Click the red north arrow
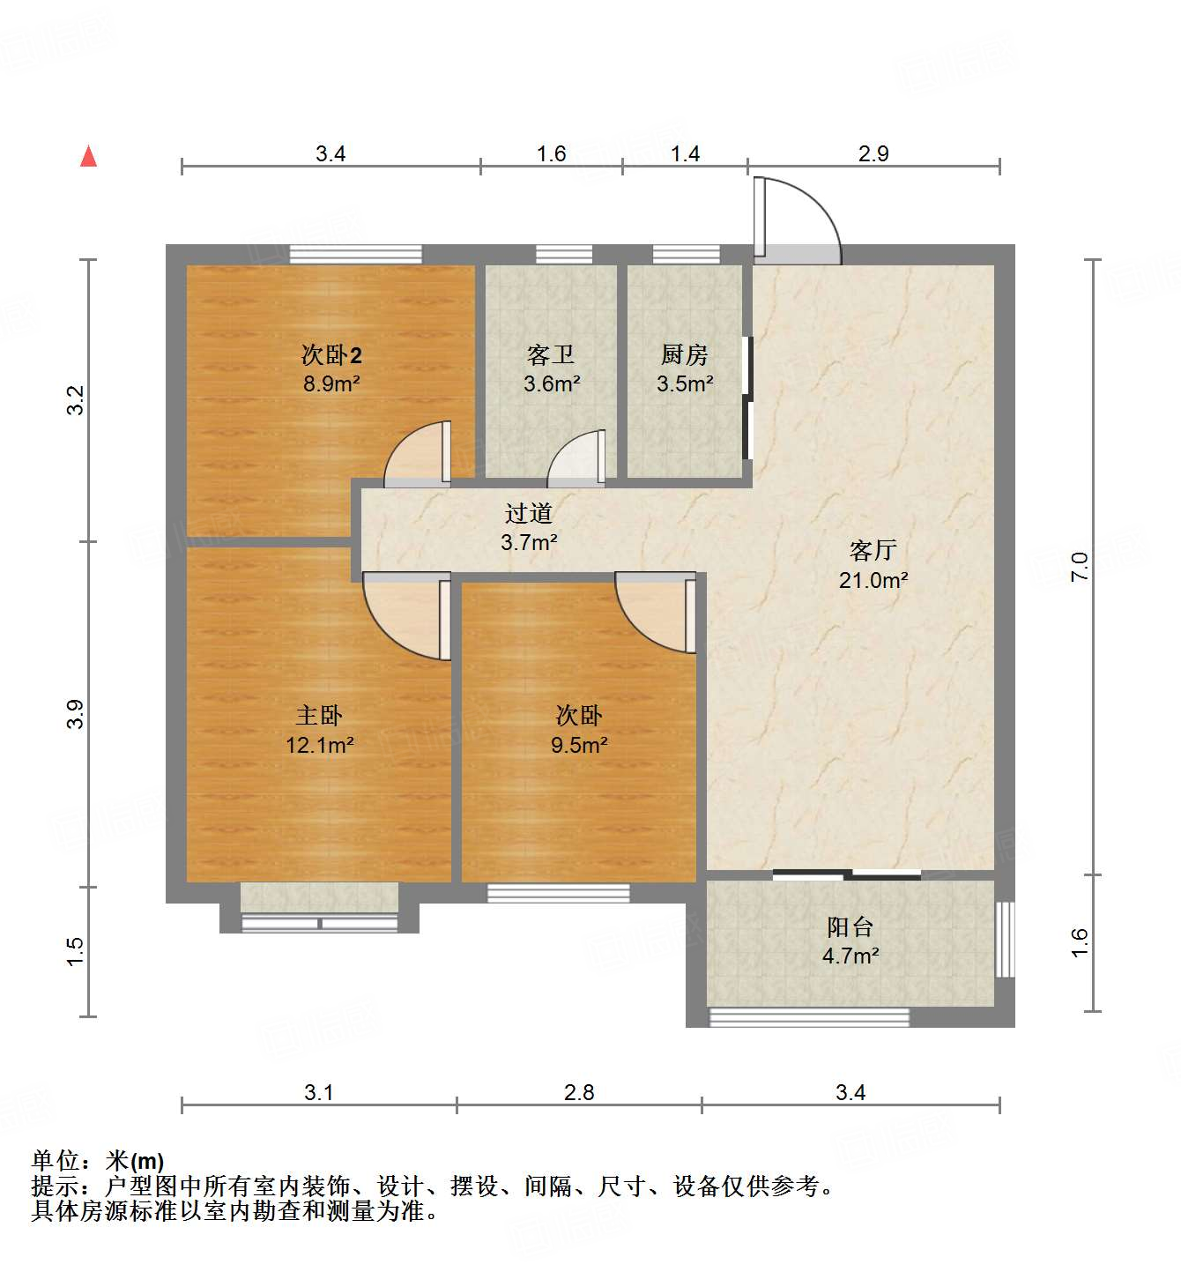tap(88, 156)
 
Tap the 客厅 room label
tap(873, 551)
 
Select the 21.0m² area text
tap(873, 580)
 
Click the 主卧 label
tap(318, 716)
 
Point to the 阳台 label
tap(850, 927)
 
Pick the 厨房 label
tap(684, 355)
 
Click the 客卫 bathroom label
tap(551, 355)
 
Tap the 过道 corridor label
tap(528, 513)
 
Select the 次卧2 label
tap(331, 355)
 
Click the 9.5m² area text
tap(579, 745)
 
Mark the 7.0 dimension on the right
tap(1081, 565)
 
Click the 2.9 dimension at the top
tap(873, 153)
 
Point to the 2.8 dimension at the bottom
tap(579, 1092)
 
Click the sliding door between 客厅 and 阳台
tap(846, 874)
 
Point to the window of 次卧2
tap(355, 254)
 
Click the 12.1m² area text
tap(319, 745)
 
